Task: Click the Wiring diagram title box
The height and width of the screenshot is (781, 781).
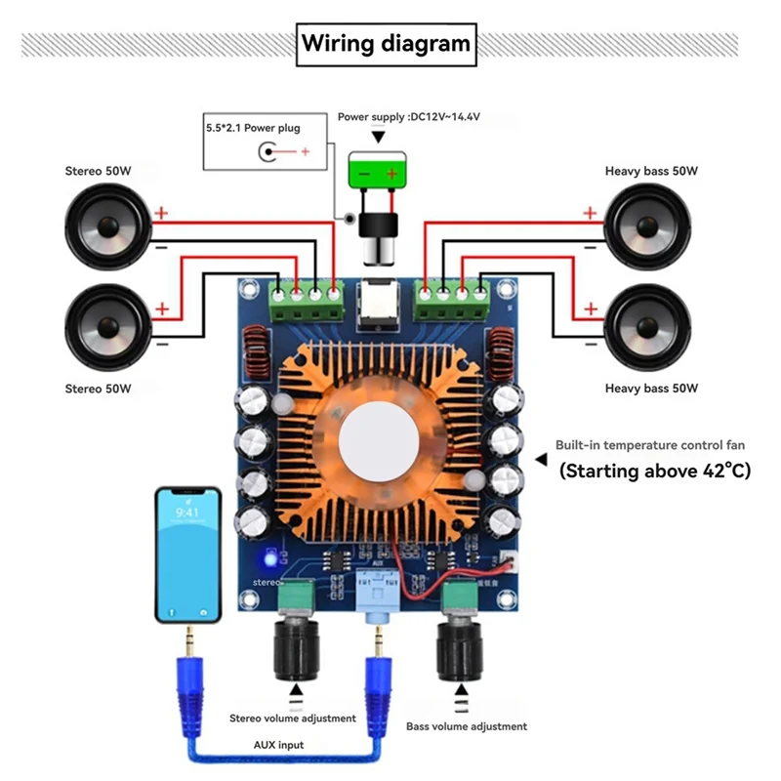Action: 386,44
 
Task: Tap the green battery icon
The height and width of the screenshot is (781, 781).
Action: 377,174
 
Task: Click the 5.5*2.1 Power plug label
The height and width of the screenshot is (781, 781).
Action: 252,128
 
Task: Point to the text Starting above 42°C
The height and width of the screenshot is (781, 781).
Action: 654,471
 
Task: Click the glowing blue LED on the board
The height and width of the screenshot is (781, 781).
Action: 267,560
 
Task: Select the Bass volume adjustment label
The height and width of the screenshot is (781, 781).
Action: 467,726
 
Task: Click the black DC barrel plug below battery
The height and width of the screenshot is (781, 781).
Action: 376,234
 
